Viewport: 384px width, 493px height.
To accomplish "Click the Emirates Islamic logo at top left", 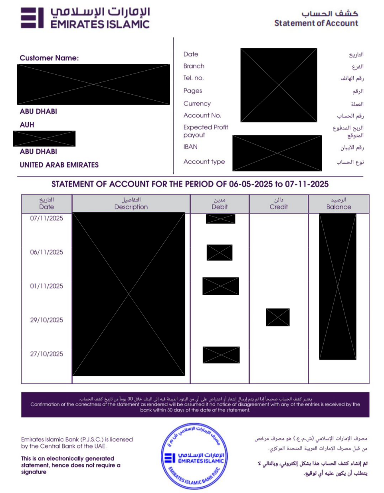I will (85, 18).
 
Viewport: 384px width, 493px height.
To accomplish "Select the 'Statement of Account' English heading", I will (316, 23).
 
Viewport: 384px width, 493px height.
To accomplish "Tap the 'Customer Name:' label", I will (49, 58).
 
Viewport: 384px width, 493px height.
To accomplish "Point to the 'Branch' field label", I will (194, 66).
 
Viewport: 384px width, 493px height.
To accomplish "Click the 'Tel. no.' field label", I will (194, 78).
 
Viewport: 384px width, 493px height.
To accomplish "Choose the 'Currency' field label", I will (197, 103).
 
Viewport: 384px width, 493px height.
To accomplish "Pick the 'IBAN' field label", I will (190, 147).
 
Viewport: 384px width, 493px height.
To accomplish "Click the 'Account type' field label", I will (204, 161).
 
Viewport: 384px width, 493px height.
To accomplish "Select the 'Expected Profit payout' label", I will (206, 131).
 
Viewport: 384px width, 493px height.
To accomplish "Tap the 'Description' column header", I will (131, 207).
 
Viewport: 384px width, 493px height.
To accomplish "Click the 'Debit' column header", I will (220, 207).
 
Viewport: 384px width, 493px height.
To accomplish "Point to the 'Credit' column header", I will (279, 207).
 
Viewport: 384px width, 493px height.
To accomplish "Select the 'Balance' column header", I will (338, 207).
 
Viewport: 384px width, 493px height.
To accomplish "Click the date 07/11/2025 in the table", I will (47, 218).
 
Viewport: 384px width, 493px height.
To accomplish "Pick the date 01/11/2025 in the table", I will (47, 286).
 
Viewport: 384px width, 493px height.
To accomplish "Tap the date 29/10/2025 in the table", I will (47, 320).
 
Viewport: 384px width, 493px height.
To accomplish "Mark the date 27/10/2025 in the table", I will (47, 354).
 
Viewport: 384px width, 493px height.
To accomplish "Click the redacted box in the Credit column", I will (278, 317).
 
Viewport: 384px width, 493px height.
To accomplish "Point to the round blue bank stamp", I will (194, 456).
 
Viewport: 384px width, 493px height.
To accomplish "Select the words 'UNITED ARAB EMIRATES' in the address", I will (59, 165).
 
